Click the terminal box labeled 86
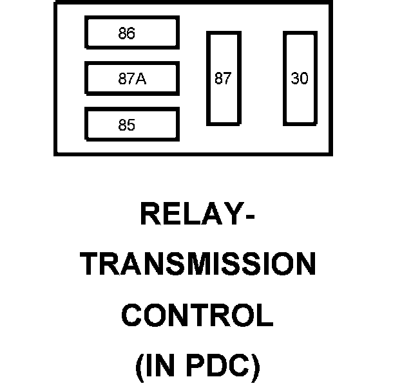131,33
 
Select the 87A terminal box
131,78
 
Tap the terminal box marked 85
131,125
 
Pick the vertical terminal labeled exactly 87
223,78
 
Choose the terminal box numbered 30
300,78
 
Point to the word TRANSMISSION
198,265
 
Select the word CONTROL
197,316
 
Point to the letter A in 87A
142,79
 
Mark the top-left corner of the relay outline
55,3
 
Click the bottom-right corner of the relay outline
330,154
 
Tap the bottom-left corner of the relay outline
55,154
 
